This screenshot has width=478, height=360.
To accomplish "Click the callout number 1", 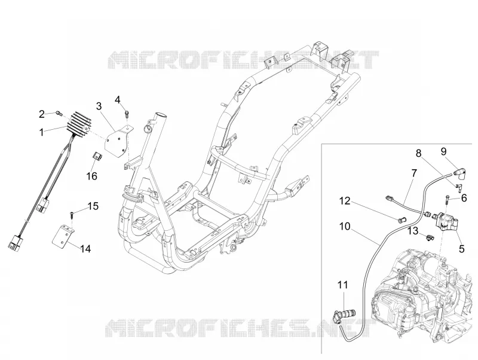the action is tap(41, 132).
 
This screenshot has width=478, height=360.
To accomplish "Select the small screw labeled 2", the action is tap(59, 114).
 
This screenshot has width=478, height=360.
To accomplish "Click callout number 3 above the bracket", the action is tap(99, 106).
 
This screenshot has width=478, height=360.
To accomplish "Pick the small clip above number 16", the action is tap(97, 157).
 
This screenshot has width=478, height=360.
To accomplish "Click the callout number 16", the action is tap(92, 176).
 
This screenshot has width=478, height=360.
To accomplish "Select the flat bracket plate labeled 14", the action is tap(65, 236).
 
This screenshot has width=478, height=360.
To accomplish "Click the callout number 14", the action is tap(85, 249).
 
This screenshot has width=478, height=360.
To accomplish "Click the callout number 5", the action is tap(461, 249).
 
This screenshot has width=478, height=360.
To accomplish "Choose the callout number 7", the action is tap(413, 173).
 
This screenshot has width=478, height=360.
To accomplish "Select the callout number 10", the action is tap(345, 227).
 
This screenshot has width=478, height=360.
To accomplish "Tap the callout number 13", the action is tap(413, 231).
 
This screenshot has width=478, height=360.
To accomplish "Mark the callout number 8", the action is tap(419, 153).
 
